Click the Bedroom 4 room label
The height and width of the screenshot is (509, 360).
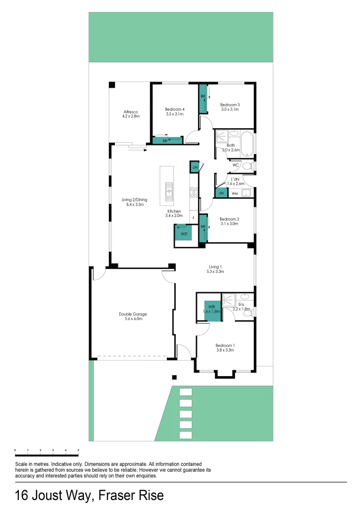coord(175,109)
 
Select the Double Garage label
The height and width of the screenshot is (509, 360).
coord(132,314)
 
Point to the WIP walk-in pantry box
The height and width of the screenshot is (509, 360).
coord(183,232)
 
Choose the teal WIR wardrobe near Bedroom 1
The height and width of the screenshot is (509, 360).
coord(212,311)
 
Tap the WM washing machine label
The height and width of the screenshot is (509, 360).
coord(235,194)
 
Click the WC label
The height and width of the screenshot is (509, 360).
coord(236,165)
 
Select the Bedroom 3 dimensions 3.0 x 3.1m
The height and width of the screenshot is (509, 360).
coord(230,109)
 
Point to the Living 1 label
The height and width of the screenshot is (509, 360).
coord(215,267)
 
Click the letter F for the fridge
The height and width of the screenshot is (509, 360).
coord(193,218)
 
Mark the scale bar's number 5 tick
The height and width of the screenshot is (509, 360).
coord(78,451)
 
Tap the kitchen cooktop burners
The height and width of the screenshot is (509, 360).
coord(193,192)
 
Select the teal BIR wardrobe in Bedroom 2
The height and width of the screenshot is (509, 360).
coord(203,228)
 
